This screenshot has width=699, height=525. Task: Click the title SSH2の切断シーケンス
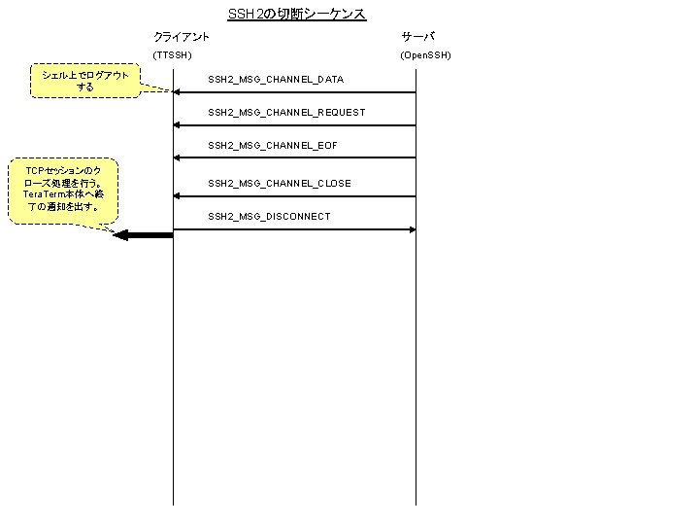(296, 14)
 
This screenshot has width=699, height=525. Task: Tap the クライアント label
(182, 36)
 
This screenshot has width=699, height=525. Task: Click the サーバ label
(418, 36)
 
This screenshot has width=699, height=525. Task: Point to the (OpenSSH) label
(425, 54)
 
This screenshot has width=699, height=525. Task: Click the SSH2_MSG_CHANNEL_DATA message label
(275, 79)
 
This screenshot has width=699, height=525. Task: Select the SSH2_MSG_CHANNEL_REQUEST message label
(286, 112)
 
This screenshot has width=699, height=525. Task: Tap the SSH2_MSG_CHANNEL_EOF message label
(272, 145)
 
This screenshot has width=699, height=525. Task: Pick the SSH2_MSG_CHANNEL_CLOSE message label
(279, 183)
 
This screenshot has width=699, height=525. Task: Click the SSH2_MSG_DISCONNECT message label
(268, 216)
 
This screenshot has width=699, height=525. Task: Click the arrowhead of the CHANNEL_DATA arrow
(177, 92)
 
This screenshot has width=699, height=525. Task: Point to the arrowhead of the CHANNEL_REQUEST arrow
(177, 125)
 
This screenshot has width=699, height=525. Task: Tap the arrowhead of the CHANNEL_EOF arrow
(177, 157)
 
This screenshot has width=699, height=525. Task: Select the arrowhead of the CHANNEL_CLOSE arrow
(177, 196)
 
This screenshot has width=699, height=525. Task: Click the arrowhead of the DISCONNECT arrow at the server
(412, 229)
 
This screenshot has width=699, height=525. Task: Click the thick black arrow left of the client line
(142, 234)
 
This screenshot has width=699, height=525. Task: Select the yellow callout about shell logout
(85, 82)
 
